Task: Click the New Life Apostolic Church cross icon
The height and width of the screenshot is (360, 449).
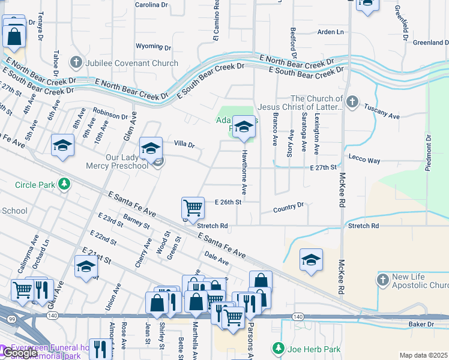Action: pyautogui.click(x=384, y=280)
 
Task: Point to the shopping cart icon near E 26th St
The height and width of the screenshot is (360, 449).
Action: pyautogui.click(x=193, y=208)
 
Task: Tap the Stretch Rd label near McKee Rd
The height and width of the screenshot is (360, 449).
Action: pyautogui.click(x=363, y=226)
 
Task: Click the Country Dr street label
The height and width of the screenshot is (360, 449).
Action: pyautogui.click(x=288, y=208)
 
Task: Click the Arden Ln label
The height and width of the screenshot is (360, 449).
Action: pyautogui.click(x=330, y=32)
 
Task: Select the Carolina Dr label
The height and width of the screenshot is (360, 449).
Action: pyautogui.click(x=152, y=4)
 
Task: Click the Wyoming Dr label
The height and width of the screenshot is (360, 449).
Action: pyautogui.click(x=153, y=46)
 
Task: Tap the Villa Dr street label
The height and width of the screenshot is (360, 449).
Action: pyautogui.click(x=184, y=145)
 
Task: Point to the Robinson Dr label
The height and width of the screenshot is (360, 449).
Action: pyautogui.click(x=110, y=113)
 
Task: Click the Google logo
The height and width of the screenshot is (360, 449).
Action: pyautogui.click(x=20, y=353)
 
